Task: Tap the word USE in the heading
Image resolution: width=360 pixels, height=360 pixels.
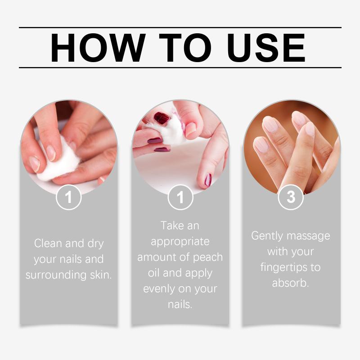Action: (x=266, y=48)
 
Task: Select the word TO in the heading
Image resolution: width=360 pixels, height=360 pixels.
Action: (x=185, y=48)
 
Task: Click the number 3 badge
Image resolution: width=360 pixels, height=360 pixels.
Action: (x=291, y=197)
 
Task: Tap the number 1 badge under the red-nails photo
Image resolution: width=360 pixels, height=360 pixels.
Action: (x=180, y=197)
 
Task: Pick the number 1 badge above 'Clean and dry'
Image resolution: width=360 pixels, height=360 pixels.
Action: (x=69, y=197)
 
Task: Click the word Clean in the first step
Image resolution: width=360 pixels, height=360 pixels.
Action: (x=48, y=243)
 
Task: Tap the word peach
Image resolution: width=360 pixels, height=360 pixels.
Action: (x=208, y=257)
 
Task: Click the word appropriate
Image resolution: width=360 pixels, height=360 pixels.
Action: (x=180, y=242)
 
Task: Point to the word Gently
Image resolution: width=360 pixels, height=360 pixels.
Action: (x=267, y=236)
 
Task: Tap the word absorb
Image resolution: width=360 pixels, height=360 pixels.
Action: (x=290, y=283)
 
